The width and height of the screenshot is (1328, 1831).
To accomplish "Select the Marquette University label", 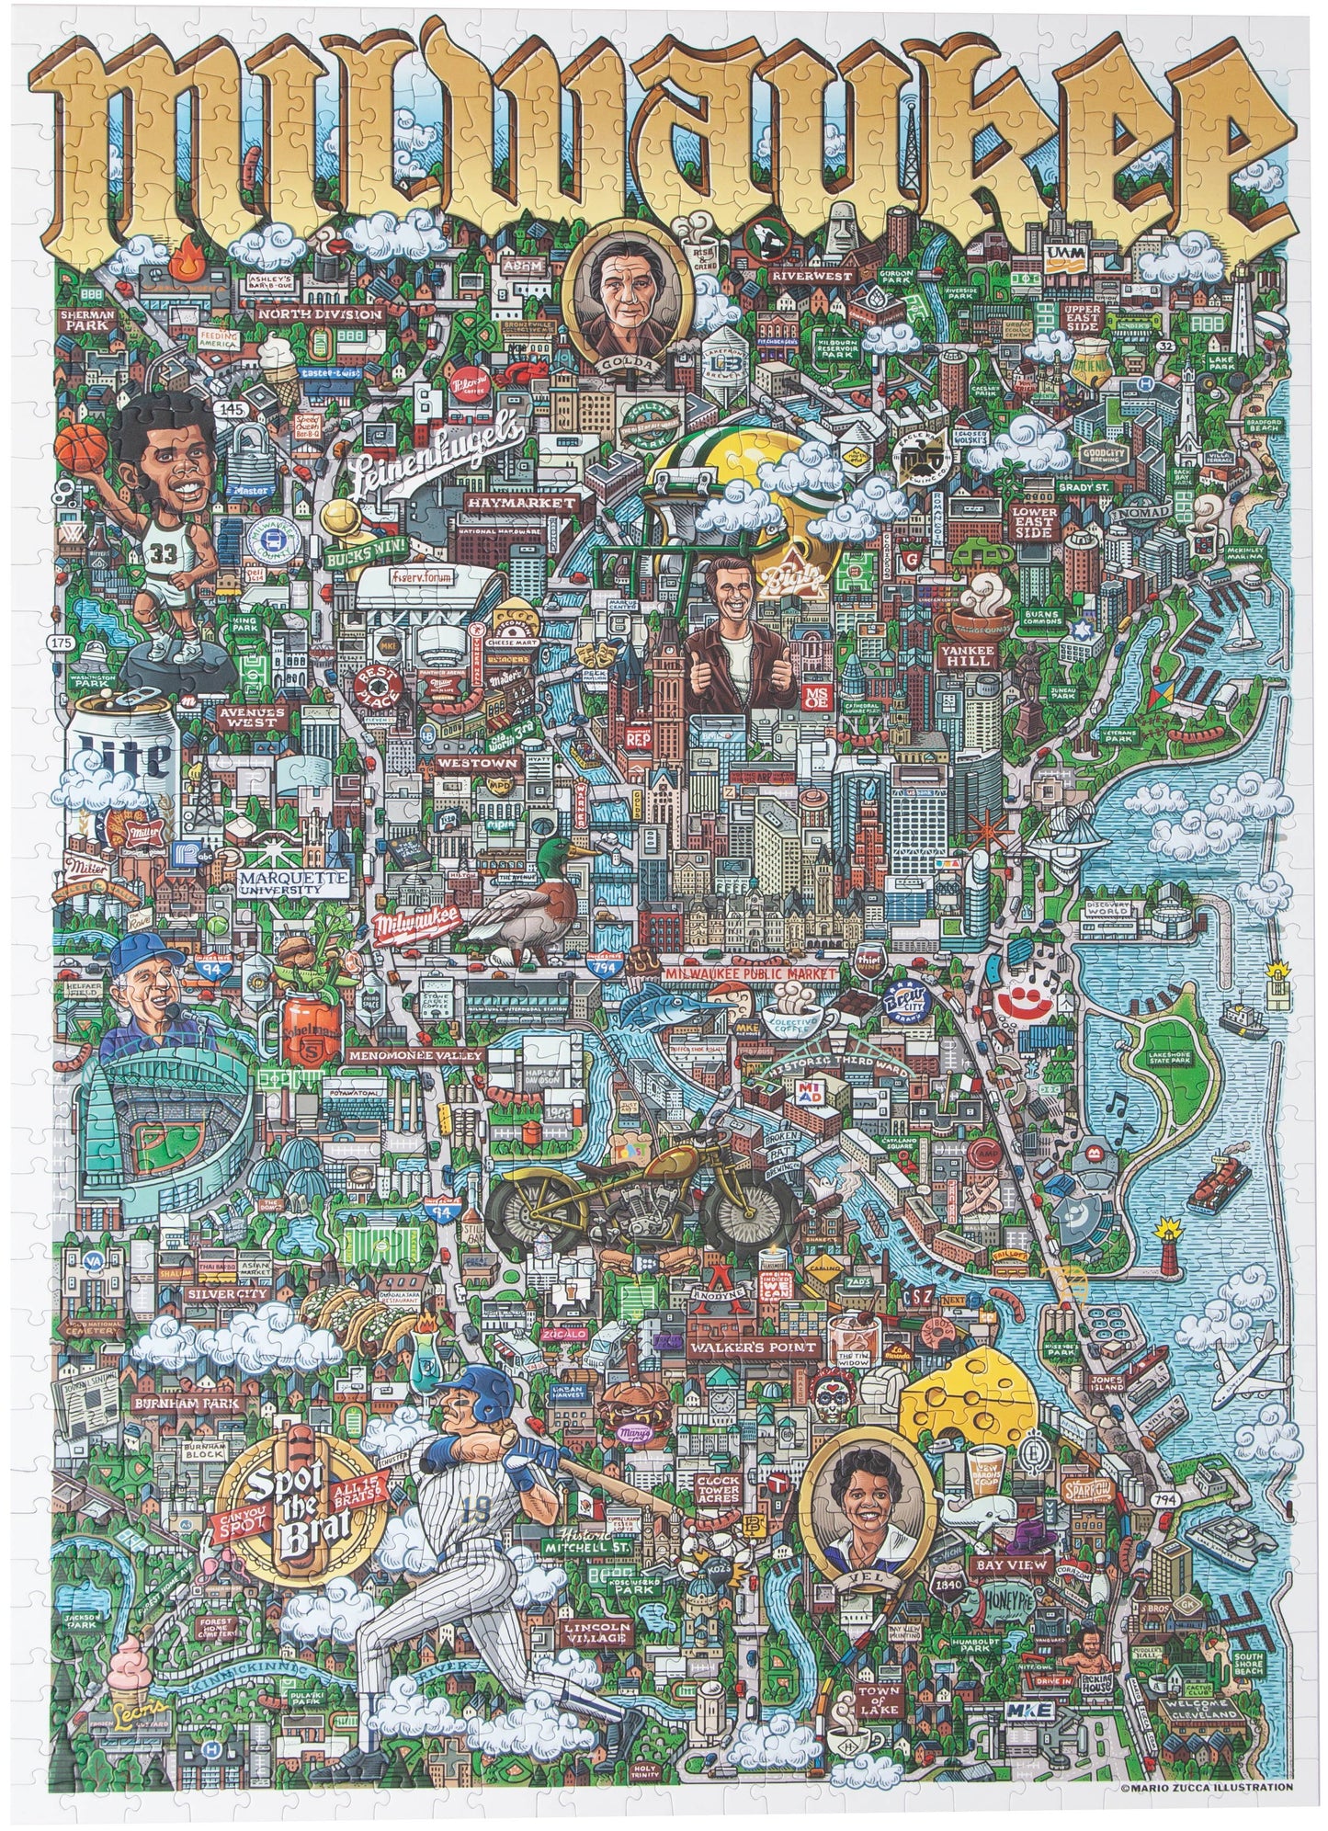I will (293, 882).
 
